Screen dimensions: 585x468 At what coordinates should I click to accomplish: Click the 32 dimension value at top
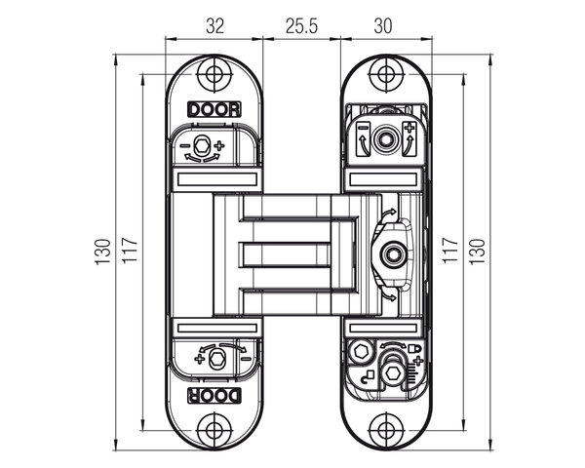214,26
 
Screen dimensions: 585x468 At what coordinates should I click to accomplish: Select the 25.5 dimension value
301,26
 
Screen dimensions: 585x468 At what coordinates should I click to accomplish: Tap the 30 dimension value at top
383,26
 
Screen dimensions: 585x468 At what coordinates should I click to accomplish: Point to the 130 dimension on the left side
103,252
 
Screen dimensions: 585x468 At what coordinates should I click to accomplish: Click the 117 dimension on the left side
131,250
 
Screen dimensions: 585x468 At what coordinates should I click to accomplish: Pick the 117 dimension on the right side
449,250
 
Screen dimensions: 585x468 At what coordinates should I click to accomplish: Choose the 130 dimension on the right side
477,252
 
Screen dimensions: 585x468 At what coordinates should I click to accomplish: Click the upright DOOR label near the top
214,109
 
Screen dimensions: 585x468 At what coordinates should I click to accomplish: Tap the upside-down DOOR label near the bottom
214,396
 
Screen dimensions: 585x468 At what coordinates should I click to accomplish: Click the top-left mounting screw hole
214,74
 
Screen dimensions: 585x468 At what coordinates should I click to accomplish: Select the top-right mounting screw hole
386,74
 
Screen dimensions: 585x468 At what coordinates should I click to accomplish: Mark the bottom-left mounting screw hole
214,430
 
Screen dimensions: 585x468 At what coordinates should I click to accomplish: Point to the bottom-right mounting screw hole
386,430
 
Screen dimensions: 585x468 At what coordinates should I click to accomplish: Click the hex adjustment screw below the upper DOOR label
203,145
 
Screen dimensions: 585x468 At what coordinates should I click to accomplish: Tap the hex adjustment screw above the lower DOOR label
216,359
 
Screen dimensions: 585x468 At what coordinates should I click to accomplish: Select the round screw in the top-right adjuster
384,139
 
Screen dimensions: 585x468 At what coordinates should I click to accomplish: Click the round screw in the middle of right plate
393,254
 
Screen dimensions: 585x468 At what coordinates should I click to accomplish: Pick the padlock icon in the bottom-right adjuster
414,349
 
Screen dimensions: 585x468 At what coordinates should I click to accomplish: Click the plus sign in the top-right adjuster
409,128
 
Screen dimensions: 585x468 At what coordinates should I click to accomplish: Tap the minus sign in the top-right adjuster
363,128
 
